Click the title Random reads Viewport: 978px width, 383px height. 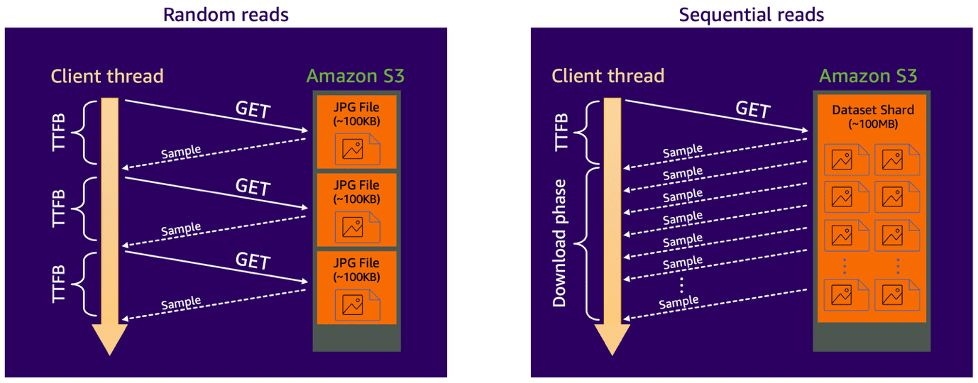point(226,14)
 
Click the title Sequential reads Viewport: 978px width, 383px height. point(752,14)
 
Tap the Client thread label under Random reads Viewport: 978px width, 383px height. point(107,76)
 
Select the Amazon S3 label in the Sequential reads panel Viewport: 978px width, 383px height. point(869,76)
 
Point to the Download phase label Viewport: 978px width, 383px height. point(561,243)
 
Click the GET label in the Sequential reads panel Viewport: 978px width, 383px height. point(752,110)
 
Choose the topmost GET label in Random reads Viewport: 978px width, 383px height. point(253,110)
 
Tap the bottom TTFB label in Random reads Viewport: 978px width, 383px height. point(60,283)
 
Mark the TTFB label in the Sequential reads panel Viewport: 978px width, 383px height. point(561,131)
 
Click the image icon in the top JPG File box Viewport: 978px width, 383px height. point(353,150)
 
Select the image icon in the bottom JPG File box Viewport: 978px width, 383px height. point(353,305)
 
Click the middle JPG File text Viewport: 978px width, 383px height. point(356,186)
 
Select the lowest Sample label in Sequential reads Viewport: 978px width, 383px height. point(679,303)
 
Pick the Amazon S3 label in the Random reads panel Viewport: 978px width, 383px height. point(356,76)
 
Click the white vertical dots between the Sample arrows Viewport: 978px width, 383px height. point(681,284)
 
